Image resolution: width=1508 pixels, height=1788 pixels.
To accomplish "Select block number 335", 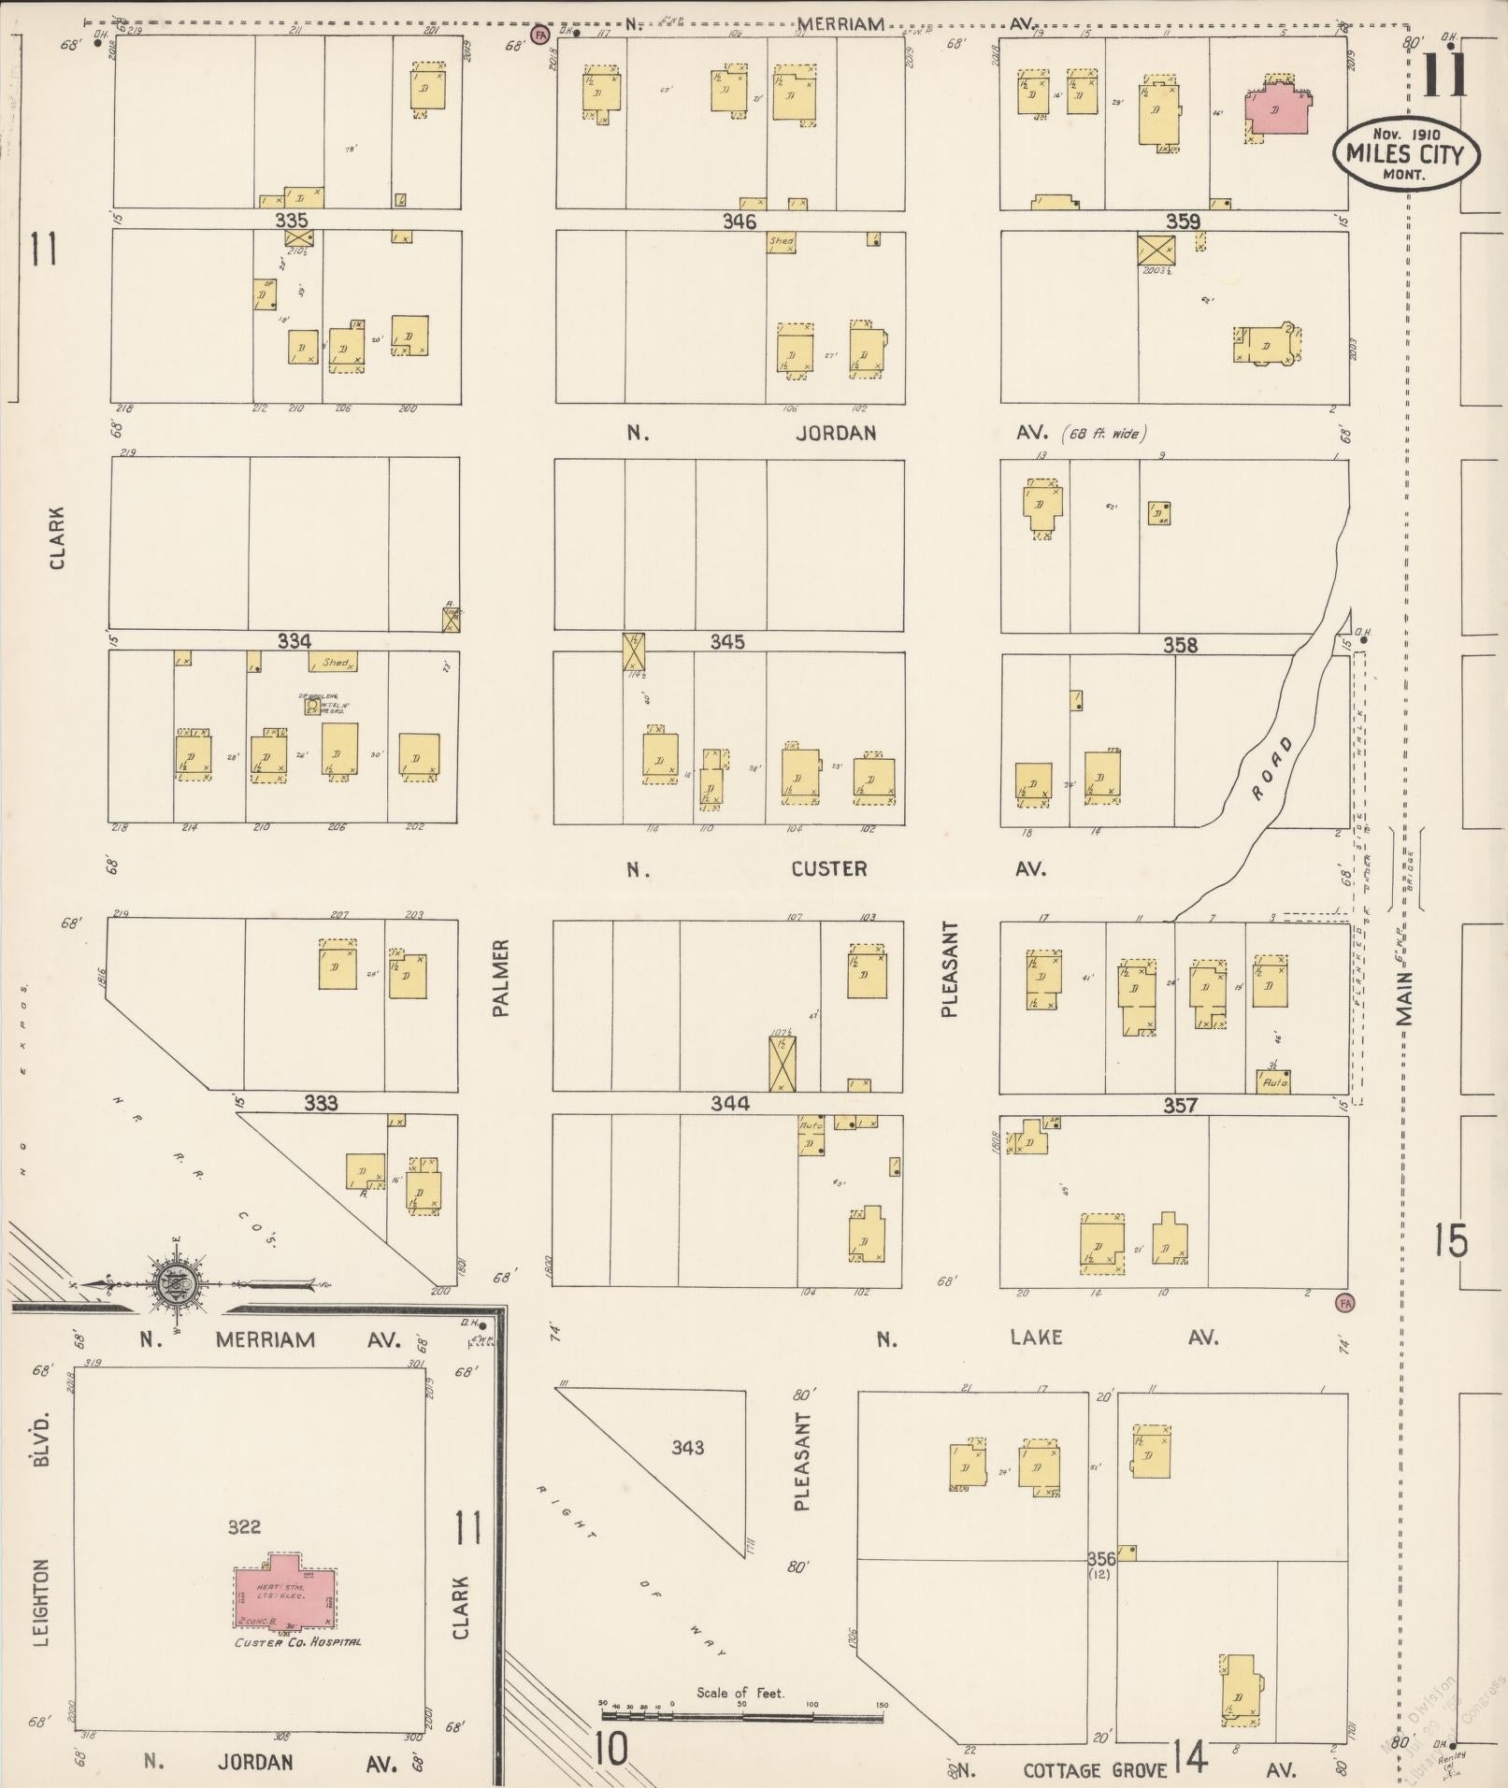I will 292,221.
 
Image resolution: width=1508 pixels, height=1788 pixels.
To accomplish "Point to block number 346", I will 739,222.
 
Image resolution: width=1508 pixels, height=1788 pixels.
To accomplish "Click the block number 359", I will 1182,222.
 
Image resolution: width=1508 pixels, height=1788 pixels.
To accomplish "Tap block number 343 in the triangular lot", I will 687,1448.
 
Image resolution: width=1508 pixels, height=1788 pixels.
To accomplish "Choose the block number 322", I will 244,1527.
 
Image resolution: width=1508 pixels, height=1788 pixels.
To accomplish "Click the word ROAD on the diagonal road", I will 1272,768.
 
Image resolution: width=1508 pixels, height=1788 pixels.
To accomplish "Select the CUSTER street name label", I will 828,869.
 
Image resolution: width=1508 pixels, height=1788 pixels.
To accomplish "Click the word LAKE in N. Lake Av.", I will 1036,1337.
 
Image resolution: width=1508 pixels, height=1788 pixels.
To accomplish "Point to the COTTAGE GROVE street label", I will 1095,1770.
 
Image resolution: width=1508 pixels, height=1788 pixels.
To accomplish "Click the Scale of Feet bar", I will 744,1716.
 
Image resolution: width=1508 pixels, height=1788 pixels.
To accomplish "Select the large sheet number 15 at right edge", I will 1451,1240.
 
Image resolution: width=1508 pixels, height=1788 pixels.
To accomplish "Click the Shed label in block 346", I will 781,242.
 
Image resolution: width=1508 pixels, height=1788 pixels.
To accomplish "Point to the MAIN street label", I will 1405,998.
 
